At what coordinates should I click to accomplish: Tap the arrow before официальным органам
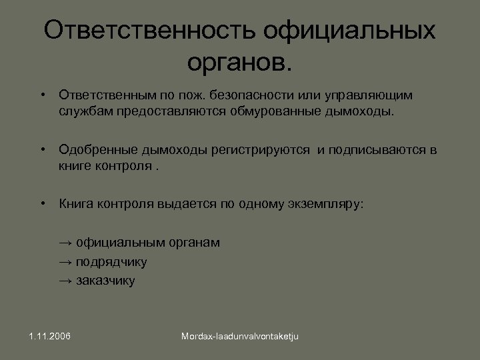65,243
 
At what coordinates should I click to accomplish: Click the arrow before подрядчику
65,261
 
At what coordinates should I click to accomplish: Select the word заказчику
105,281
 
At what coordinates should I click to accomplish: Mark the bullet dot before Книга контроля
42,203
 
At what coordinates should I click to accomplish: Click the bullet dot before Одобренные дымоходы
42,149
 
